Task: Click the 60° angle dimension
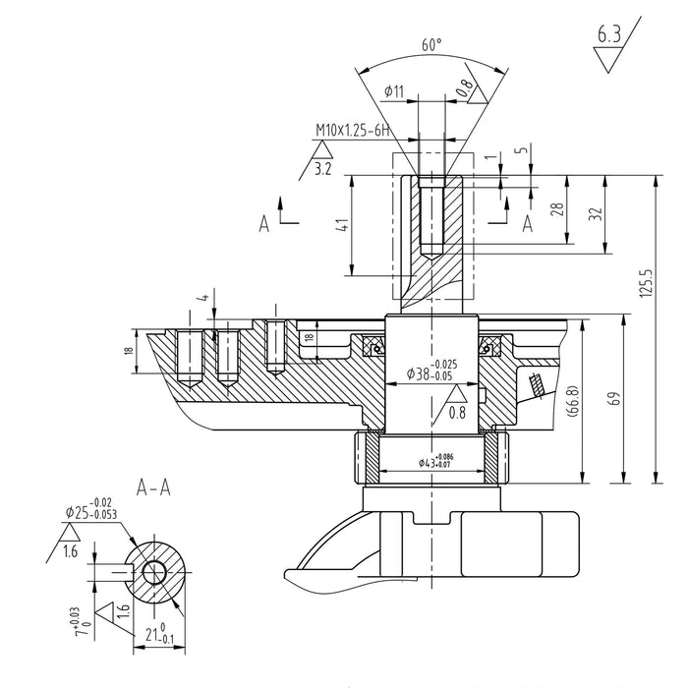[x=431, y=45]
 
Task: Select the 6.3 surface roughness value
[x=609, y=38]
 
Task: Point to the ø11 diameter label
[x=393, y=90]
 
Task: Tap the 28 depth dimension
[x=556, y=209]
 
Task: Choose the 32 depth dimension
[x=594, y=215]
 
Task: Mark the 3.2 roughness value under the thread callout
[x=322, y=169]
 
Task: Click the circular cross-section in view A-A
[x=154, y=570]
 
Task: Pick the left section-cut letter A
[x=264, y=224]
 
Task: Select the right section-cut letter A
[x=527, y=224]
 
